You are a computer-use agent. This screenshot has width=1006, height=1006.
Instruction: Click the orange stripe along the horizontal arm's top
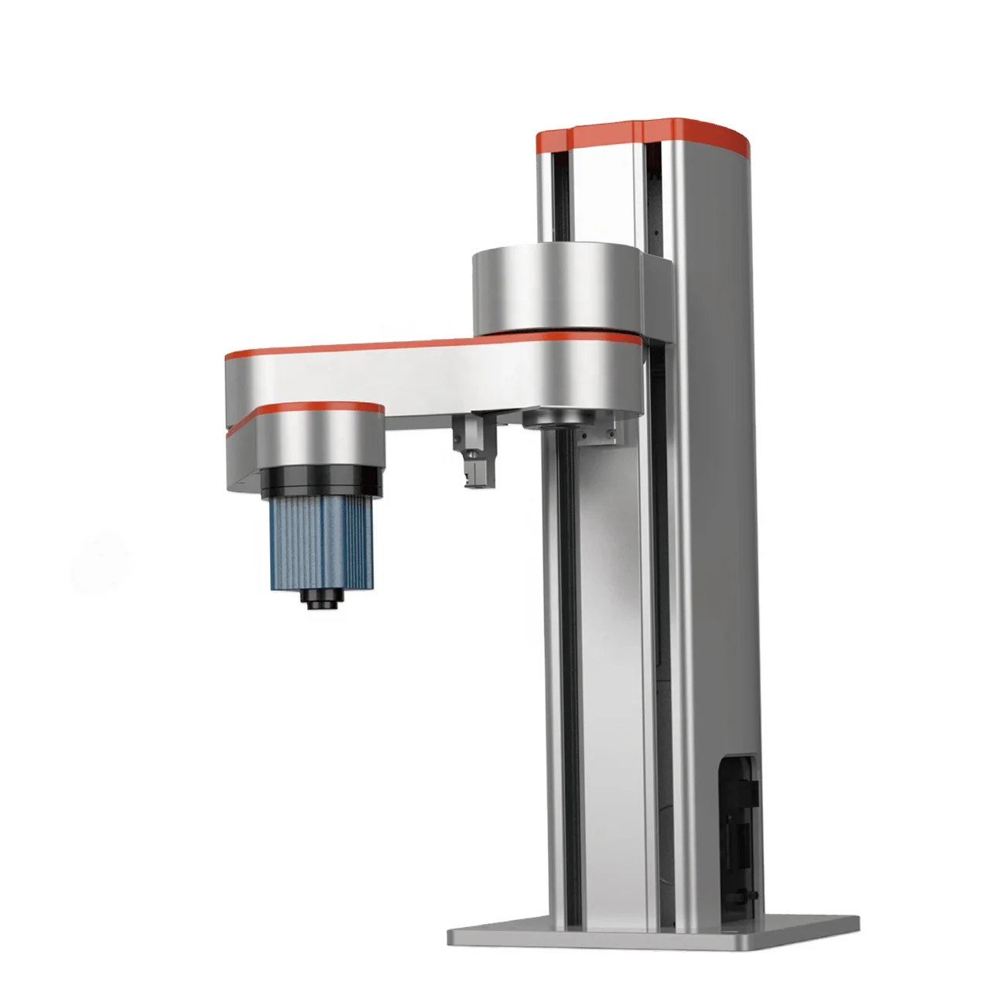tap(433, 345)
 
